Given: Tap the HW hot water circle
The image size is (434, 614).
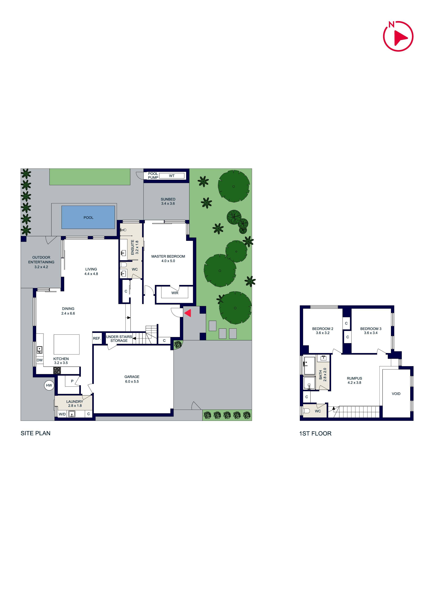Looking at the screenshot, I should tap(49, 385).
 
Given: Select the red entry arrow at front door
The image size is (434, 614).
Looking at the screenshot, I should tap(188, 313).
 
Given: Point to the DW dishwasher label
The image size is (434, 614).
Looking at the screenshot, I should tap(40, 360).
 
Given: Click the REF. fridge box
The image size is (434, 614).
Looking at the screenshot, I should tap(97, 339).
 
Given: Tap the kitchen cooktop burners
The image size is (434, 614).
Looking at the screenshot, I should tap(57, 370).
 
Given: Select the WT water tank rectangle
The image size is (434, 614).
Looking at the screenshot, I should tap(172, 176).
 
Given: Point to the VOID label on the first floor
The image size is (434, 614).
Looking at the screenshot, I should tap(396, 394).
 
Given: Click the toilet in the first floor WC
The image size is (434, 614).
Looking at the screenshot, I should tap(306, 411).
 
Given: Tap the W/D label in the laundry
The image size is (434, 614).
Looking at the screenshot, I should tap(62, 414).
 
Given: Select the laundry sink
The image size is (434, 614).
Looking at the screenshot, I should tap(72, 414).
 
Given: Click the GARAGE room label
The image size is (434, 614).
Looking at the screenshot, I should tap(132, 377).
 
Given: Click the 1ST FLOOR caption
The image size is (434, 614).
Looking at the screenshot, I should tap(315, 434).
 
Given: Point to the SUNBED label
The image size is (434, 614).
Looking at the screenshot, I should tap(168, 199).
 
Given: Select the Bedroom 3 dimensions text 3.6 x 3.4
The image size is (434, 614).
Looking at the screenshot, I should tap(371, 333).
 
